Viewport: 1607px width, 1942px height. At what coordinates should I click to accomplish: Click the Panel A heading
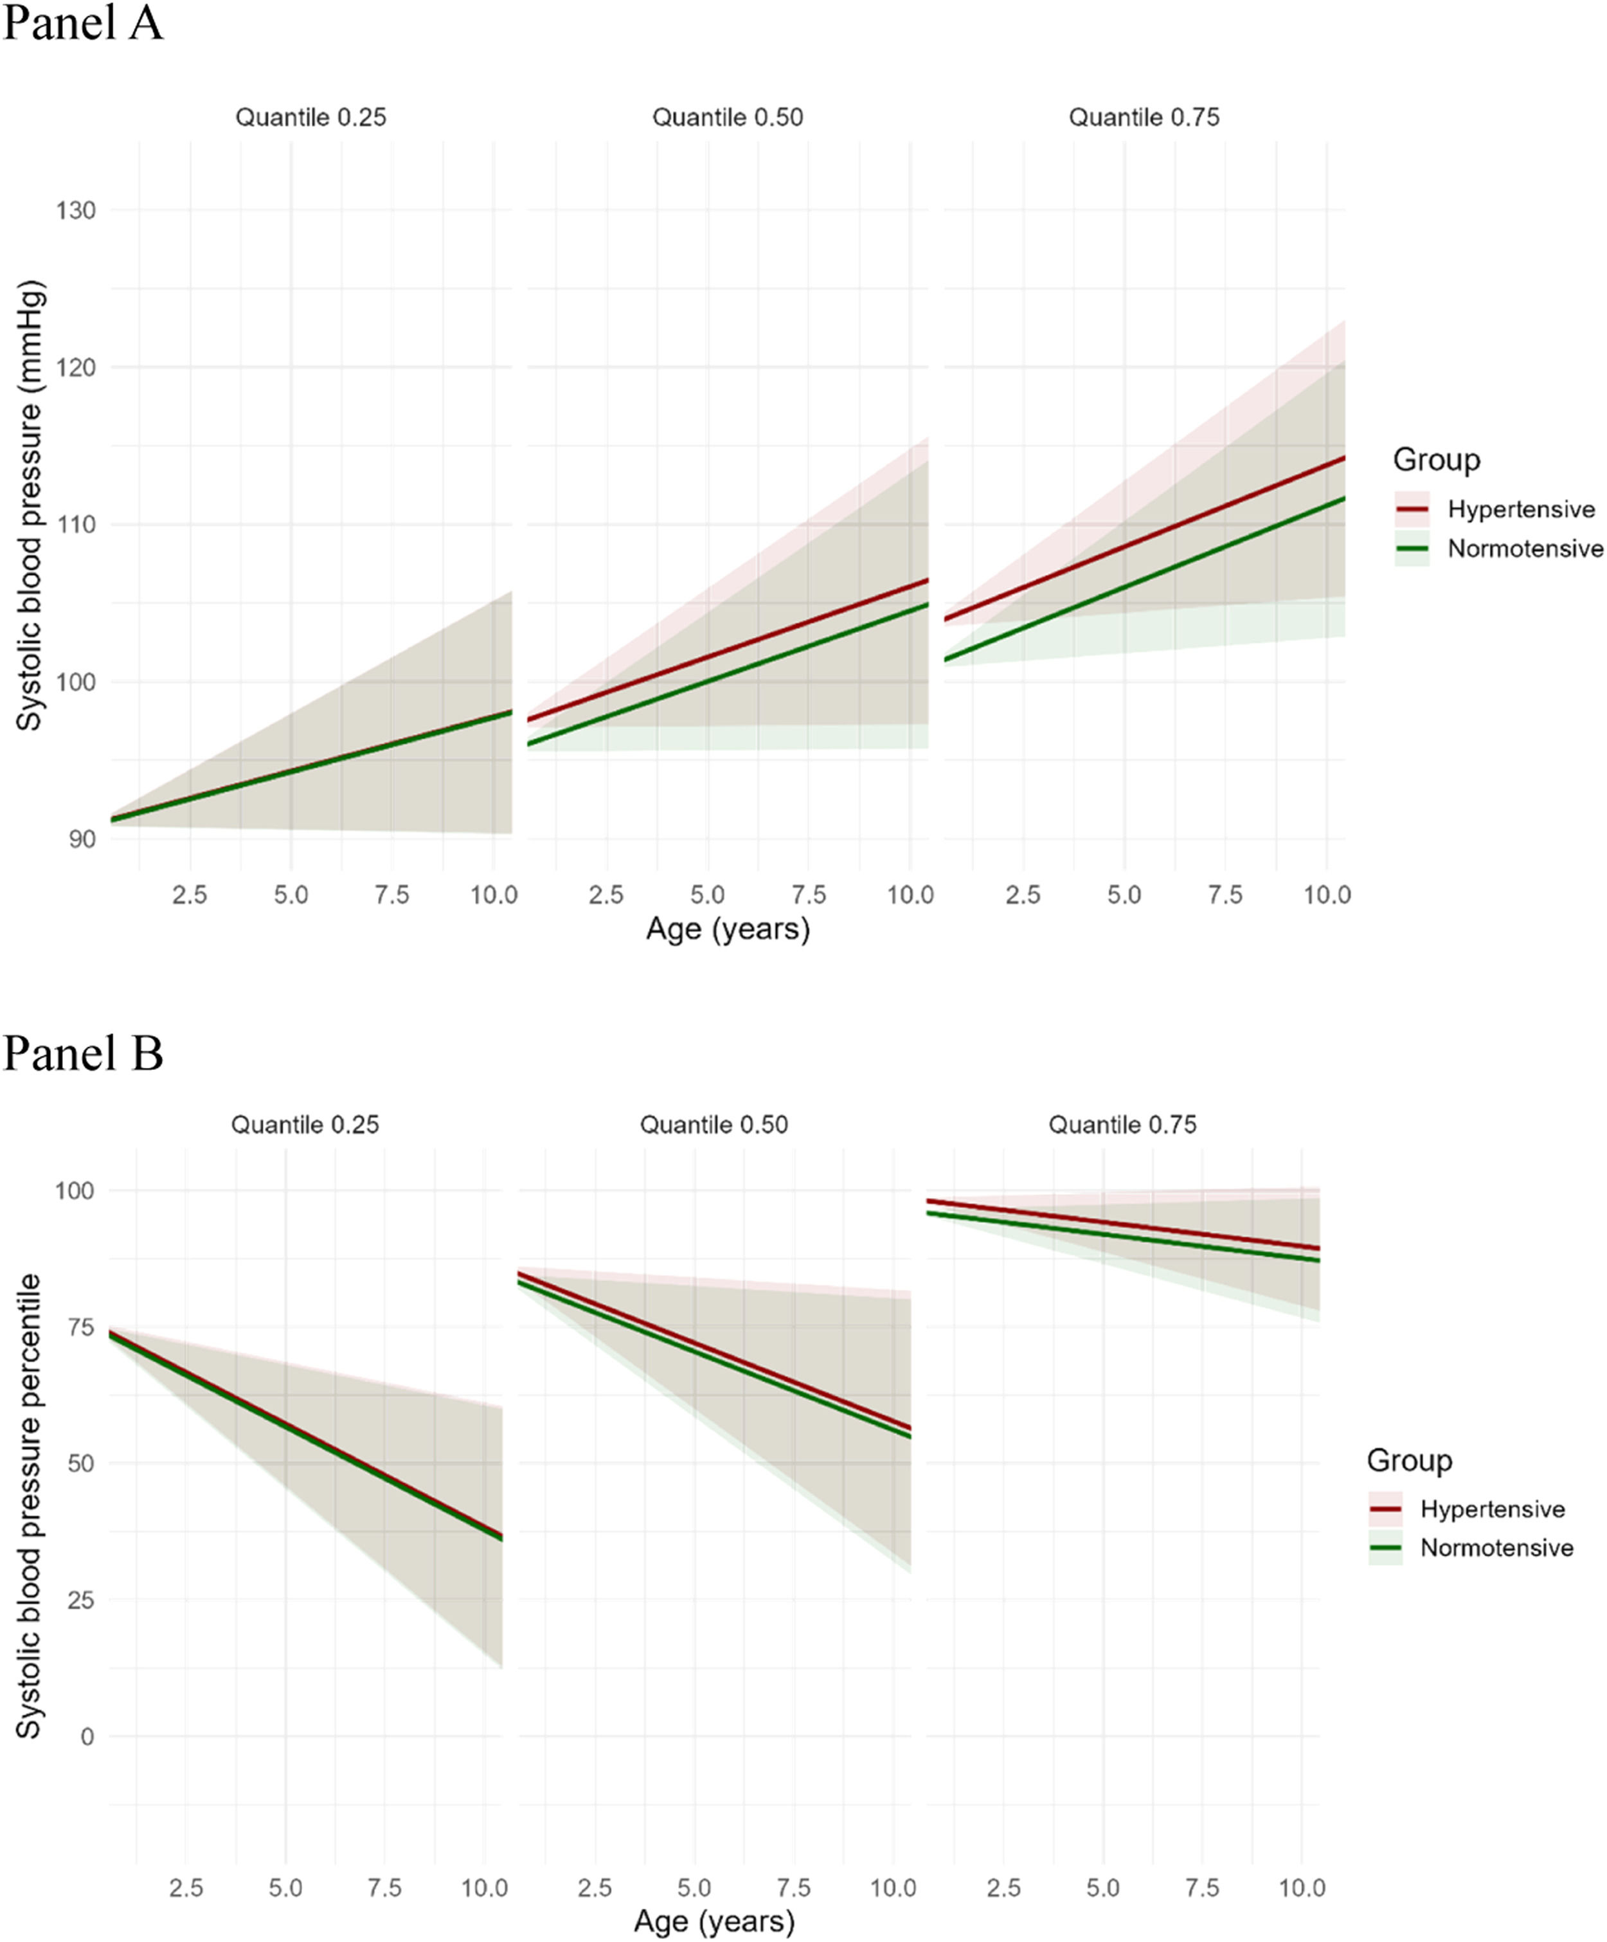83,24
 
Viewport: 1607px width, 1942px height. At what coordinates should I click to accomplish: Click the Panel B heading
83,1053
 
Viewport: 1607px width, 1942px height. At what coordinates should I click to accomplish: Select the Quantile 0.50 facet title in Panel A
728,118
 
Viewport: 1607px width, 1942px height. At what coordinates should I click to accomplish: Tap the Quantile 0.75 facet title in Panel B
1122,1125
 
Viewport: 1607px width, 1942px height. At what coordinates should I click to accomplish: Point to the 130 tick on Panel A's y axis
75,211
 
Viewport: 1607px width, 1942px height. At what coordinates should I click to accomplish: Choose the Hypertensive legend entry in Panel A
1521,509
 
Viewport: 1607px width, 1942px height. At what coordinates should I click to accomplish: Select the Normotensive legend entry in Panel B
1496,1548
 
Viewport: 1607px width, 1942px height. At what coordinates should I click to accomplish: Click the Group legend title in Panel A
1436,460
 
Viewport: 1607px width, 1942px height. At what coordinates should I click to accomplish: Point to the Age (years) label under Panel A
728,929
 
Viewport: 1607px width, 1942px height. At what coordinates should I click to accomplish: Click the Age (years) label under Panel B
714,1921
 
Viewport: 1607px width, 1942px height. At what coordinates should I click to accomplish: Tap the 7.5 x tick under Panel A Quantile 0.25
392,895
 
